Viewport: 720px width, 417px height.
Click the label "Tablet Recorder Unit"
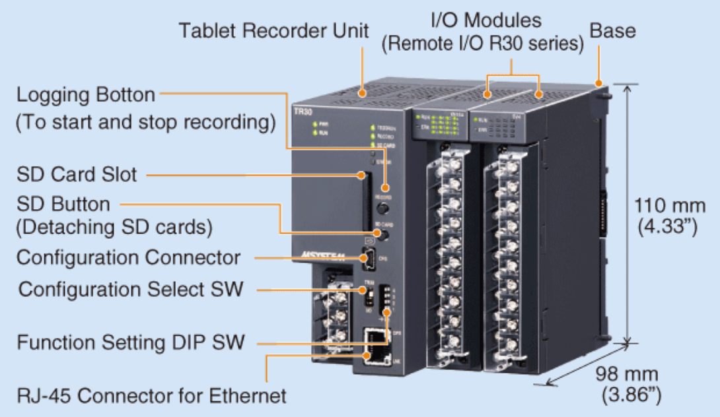pos(273,30)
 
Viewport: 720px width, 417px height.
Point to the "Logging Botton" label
pos(86,94)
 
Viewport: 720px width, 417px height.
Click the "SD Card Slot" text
pos(77,174)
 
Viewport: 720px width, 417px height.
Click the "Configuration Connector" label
pos(128,257)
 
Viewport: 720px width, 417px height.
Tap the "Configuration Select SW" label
pos(131,289)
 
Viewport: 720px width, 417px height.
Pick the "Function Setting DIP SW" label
pos(131,342)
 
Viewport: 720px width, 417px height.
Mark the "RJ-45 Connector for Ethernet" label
pos(152,396)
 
